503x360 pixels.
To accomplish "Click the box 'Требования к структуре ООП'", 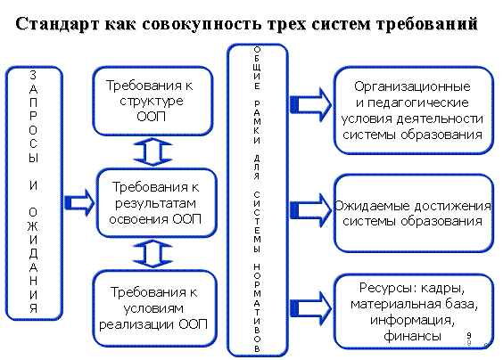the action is [153, 101].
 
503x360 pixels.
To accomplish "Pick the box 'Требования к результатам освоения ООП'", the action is [157, 203].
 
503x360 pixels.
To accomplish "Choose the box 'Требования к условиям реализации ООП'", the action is [155, 308].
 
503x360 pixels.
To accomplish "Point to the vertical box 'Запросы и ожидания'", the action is [34, 193].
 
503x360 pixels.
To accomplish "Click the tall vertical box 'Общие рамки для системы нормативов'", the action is [257, 200].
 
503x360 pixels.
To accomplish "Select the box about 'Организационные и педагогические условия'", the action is [414, 110].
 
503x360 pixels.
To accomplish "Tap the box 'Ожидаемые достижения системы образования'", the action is [414, 213].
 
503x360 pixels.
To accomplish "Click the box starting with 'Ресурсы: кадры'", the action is [414, 311].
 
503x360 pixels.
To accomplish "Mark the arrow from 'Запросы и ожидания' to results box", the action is [79, 202].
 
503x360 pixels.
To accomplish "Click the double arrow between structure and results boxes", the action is [153, 152].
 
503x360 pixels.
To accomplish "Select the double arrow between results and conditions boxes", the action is [153, 254].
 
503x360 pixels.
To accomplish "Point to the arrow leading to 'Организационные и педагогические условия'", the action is [310, 104].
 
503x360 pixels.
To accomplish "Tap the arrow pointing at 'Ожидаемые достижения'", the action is [310, 210].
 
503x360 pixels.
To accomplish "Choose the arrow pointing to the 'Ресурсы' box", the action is [310, 307].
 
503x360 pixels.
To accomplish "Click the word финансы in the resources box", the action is [412, 336].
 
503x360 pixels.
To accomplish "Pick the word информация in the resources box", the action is [412, 320].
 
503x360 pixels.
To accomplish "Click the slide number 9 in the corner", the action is [469, 335].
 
